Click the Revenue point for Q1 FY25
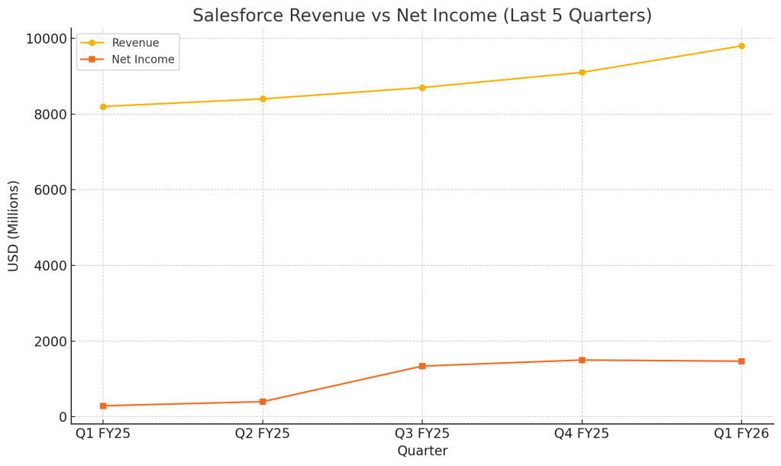coord(103,106)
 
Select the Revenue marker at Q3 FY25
coord(422,87)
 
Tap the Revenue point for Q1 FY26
coord(741,46)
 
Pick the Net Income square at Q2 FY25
coord(263,401)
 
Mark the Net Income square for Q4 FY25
coord(582,360)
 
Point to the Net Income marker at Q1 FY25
coord(103,406)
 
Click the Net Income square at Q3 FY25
coord(422,366)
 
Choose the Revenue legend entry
coord(135,43)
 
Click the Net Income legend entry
coord(143,60)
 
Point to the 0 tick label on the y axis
coord(61,417)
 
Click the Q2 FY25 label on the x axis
coord(263,434)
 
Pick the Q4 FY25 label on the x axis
coord(582,434)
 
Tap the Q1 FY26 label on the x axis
coord(741,434)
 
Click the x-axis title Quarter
coord(422,451)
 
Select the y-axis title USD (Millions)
coord(14,225)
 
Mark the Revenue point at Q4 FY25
coord(582,73)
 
